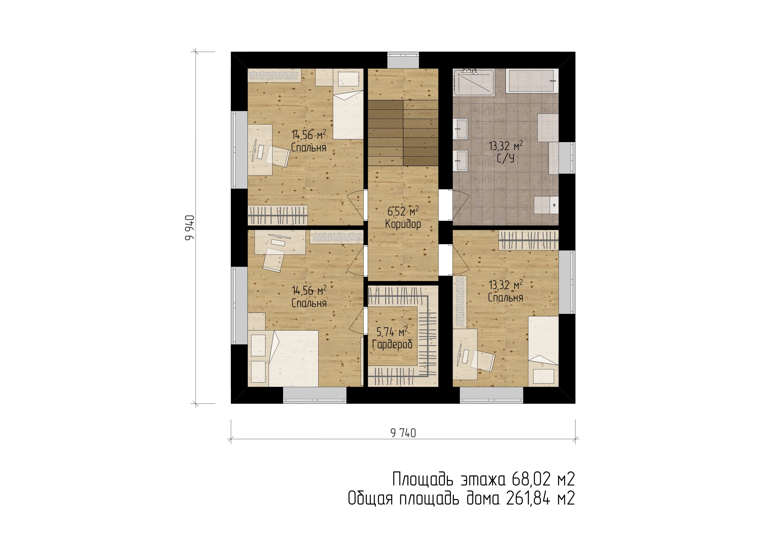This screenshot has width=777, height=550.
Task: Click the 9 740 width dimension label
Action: [403, 433]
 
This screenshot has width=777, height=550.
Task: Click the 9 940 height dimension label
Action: [190, 228]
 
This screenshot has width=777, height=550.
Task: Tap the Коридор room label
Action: [403, 224]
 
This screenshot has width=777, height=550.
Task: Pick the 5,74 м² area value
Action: [392, 332]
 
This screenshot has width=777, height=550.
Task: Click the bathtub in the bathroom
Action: [532, 81]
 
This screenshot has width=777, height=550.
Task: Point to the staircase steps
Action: [403, 133]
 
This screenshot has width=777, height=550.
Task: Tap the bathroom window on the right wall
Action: [567, 158]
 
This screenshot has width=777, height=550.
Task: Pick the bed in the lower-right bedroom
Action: [543, 352]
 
